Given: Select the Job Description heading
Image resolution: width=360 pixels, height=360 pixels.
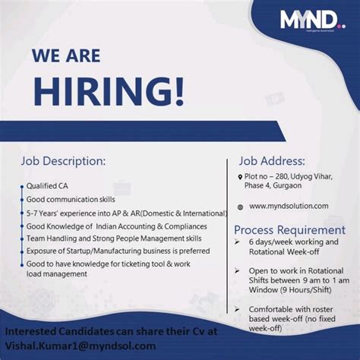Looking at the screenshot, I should tap(63, 161).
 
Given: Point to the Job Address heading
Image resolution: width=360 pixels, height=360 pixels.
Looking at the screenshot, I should tap(272, 161).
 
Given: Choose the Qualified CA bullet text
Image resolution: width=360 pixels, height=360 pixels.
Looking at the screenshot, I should tap(46, 185).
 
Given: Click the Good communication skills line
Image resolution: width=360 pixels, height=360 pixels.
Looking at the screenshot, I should tap(71, 199).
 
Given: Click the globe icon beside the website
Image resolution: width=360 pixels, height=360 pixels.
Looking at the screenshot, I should tap(240, 207).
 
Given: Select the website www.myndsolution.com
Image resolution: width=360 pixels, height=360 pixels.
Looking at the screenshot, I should tap(289, 206).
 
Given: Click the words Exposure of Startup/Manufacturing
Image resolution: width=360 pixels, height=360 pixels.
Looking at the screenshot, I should tap(87, 250).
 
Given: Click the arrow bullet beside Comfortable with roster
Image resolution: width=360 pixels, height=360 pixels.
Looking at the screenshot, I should tap(239, 310).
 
